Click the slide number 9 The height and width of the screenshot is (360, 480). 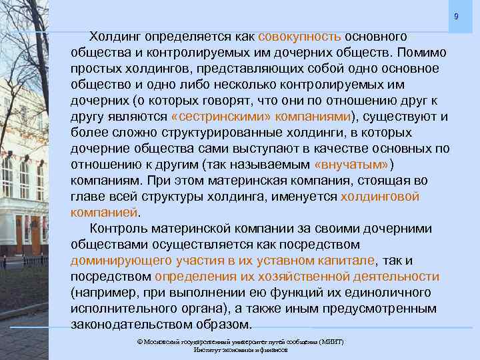tap(456, 17)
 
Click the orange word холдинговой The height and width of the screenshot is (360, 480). tap(380, 197)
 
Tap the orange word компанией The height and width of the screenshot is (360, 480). tap(104, 213)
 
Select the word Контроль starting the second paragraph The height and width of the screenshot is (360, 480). tap(124, 229)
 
